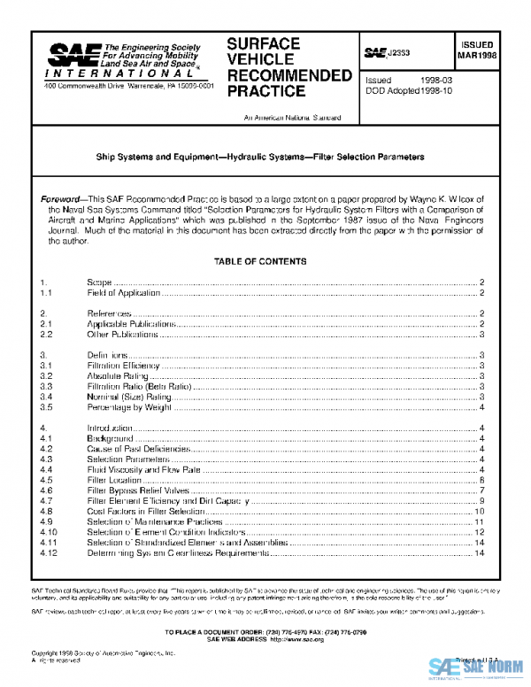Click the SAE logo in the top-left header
click(x=66, y=55)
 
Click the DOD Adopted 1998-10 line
click(x=409, y=90)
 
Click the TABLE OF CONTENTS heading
click(x=260, y=261)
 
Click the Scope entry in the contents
click(x=99, y=282)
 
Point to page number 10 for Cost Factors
click(x=479, y=512)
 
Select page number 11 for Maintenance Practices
click(x=479, y=522)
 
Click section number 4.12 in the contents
click(x=50, y=554)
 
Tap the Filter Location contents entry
click(x=112, y=479)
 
